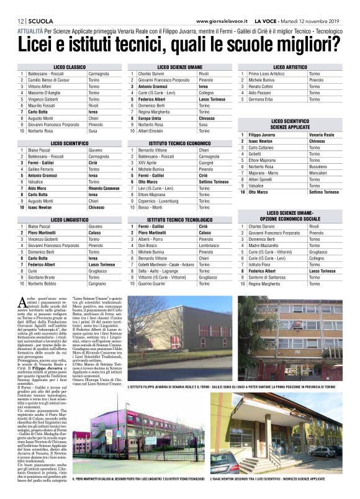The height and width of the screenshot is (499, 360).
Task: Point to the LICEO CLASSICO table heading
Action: (x=70, y=66)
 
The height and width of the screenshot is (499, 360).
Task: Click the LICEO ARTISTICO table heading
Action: (x=289, y=66)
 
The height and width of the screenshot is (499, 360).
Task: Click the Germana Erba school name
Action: (x=261, y=99)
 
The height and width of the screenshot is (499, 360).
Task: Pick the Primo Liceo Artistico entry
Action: (x=266, y=74)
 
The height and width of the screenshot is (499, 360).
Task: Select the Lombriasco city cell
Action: (x=212, y=246)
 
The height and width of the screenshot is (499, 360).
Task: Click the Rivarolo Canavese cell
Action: (x=104, y=188)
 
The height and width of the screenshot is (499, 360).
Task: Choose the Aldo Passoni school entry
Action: (x=261, y=93)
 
